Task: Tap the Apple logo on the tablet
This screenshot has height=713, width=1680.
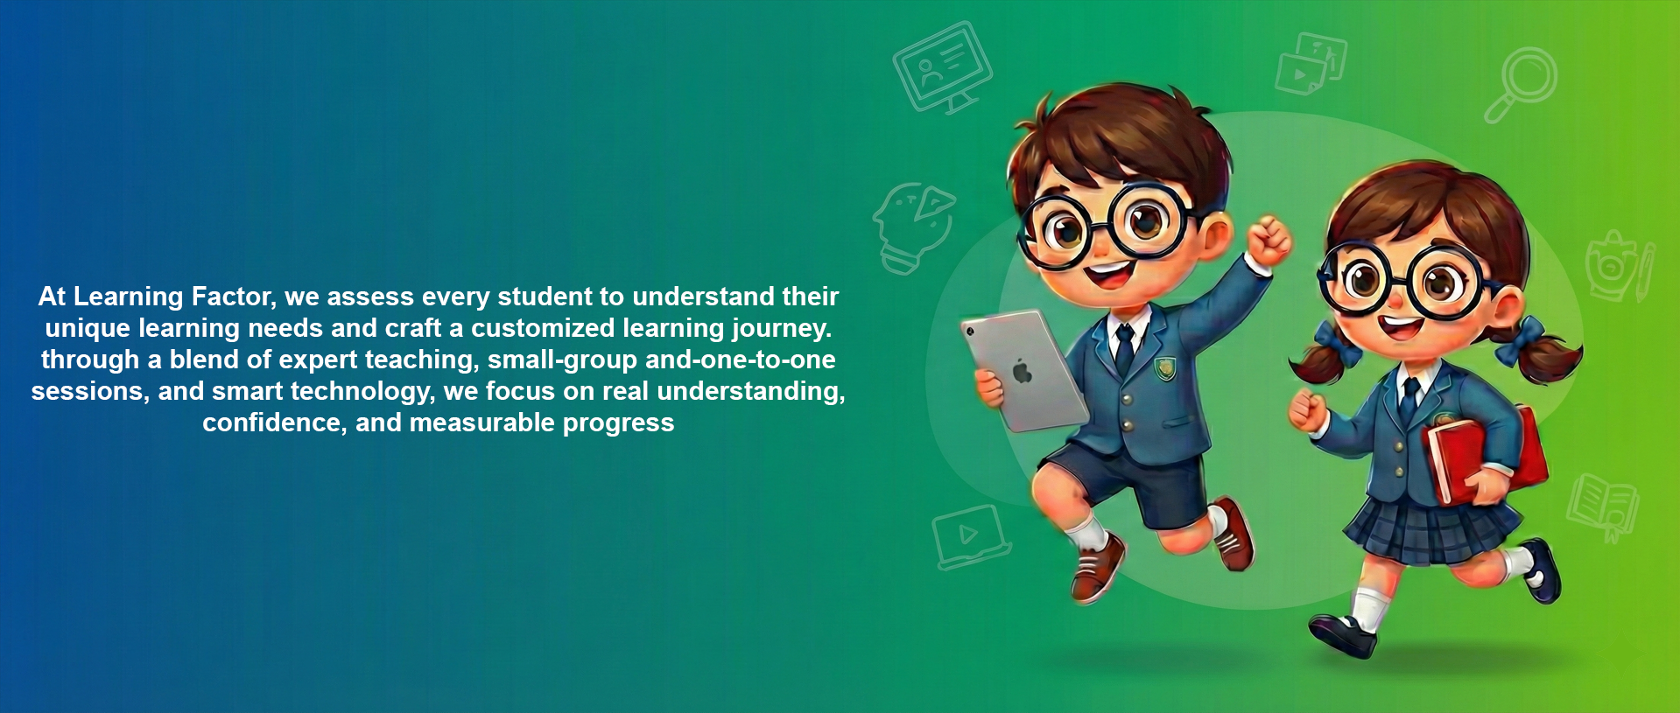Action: point(1022,372)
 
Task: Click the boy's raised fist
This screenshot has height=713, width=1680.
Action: point(1268,240)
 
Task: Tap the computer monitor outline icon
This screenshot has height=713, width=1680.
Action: point(942,67)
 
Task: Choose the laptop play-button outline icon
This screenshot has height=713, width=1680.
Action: point(970,536)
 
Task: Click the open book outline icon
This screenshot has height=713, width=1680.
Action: point(1603,506)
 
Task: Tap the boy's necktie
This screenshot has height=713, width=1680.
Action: point(1124,348)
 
